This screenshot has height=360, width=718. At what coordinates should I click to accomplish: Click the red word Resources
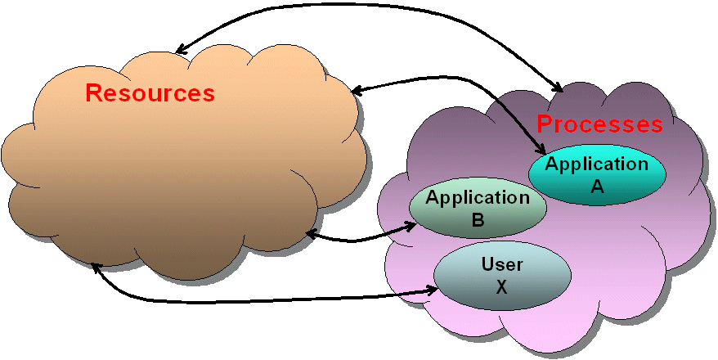(x=150, y=93)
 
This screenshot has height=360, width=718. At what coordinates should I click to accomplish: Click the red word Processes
(x=599, y=124)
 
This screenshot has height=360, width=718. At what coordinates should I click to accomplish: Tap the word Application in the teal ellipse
(x=596, y=164)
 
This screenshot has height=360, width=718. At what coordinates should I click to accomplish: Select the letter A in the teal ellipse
(x=597, y=186)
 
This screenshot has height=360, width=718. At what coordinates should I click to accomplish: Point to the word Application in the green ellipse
(x=478, y=197)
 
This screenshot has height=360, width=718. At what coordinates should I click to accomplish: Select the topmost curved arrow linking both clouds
(x=368, y=11)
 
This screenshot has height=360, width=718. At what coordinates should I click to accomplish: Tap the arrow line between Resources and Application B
(x=360, y=240)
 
